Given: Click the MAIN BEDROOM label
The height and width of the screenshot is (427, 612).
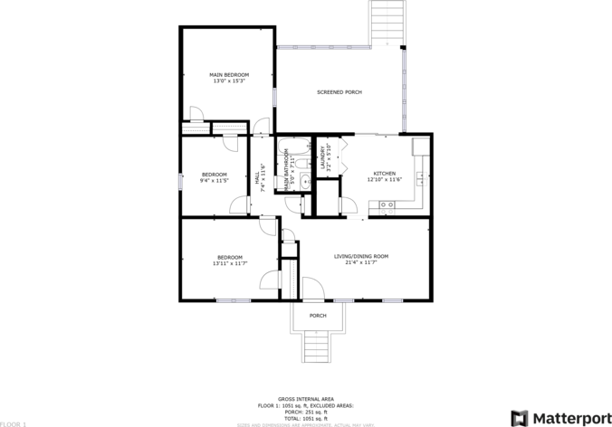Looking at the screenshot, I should coord(229,75).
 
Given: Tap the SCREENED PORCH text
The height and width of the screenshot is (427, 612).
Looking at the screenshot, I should coord(339,92).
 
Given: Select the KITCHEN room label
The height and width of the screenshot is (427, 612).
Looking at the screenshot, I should coord(384,174).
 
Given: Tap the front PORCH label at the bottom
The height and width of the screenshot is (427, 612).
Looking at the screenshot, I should coord(318,316).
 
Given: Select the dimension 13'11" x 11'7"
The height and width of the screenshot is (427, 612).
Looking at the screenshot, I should coord(228,263).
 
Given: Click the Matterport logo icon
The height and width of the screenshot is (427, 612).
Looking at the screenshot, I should coord(520,417).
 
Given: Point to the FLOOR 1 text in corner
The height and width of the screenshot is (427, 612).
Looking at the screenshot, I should coord(14,423).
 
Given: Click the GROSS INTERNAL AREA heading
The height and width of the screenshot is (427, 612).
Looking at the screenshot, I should coord(305,398).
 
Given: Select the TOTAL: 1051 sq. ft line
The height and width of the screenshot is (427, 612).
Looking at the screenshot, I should coord(305,417).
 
